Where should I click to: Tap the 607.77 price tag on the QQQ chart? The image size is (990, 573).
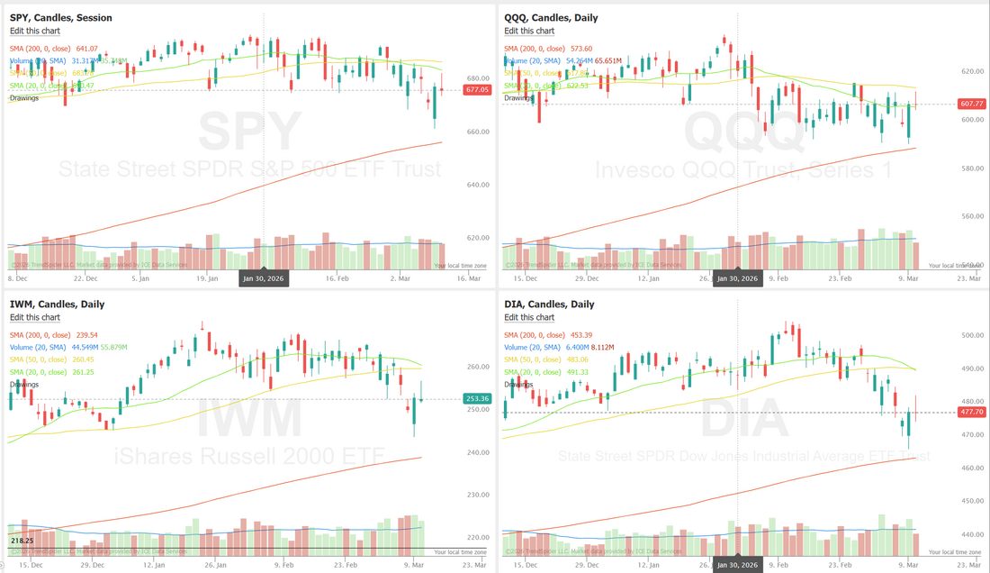click(x=972, y=105)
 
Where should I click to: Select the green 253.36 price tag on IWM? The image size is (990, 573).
click(x=477, y=398)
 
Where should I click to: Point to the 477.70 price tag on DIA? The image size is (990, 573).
click(x=972, y=412)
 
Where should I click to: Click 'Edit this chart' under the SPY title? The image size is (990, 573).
click(x=35, y=31)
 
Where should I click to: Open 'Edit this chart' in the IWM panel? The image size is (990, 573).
click(x=35, y=317)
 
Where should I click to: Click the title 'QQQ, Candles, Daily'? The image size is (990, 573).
click(x=551, y=17)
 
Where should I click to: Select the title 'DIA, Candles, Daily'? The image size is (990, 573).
click(x=549, y=305)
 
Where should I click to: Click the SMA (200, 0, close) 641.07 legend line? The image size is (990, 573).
click(x=54, y=49)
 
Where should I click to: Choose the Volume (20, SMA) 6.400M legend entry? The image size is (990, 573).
click(x=547, y=347)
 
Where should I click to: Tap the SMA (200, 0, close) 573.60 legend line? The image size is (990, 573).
click(x=548, y=49)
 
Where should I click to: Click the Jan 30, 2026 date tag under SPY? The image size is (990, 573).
click(x=263, y=278)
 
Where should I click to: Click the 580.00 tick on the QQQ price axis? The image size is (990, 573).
click(x=969, y=168)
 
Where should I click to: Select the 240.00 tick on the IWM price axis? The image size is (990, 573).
click(x=477, y=452)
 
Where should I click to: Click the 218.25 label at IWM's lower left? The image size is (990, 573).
click(x=22, y=540)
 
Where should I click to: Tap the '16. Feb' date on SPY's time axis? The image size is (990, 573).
click(x=336, y=278)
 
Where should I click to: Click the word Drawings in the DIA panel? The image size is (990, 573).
click(x=518, y=385)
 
